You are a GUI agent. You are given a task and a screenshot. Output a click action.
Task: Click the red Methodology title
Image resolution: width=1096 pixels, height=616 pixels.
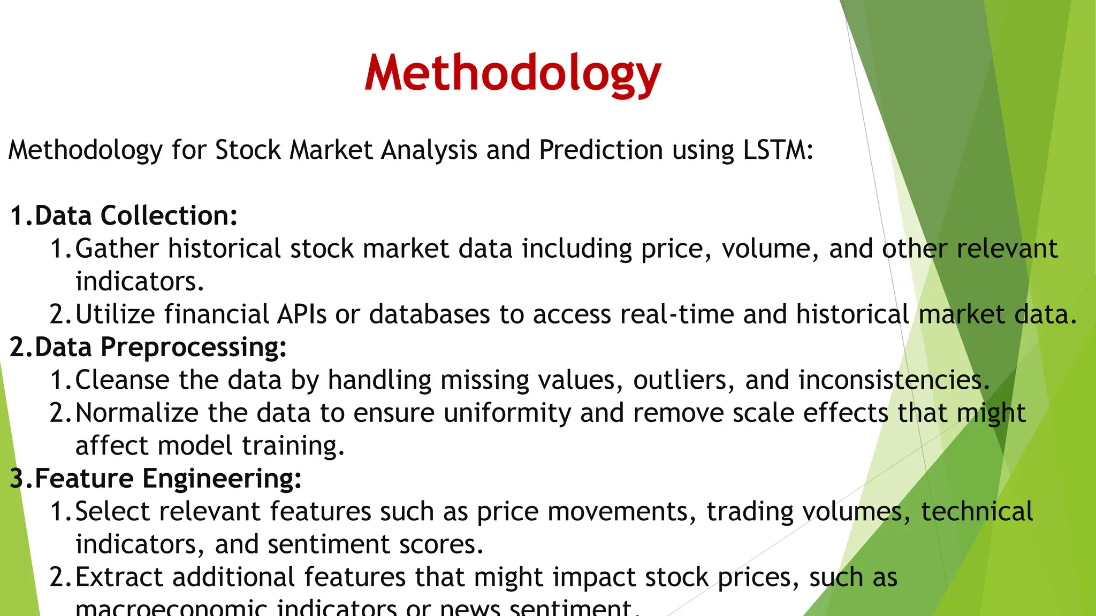pos(513,74)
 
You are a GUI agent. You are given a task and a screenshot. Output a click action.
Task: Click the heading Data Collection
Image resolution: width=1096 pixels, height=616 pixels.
pos(136,216)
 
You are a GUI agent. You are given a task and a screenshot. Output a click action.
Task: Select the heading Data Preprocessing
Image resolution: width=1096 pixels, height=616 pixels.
pos(161,347)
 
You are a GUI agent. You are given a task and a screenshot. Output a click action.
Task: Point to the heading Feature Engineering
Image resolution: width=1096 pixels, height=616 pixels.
pos(168,479)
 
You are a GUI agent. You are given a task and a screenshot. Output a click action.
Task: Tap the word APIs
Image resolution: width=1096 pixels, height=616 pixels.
pos(301,314)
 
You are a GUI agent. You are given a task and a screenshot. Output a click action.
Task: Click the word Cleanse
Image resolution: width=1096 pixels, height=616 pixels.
pos(123,380)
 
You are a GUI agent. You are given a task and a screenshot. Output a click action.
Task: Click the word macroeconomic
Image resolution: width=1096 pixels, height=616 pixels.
pos(171,609)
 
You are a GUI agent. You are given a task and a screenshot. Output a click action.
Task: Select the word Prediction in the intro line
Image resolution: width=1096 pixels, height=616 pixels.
pos(601,150)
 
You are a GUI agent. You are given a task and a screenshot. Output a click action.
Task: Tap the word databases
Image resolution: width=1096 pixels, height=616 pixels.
pos(429,314)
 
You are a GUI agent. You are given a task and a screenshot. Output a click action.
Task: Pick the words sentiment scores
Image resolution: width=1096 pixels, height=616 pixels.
pos(375,544)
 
